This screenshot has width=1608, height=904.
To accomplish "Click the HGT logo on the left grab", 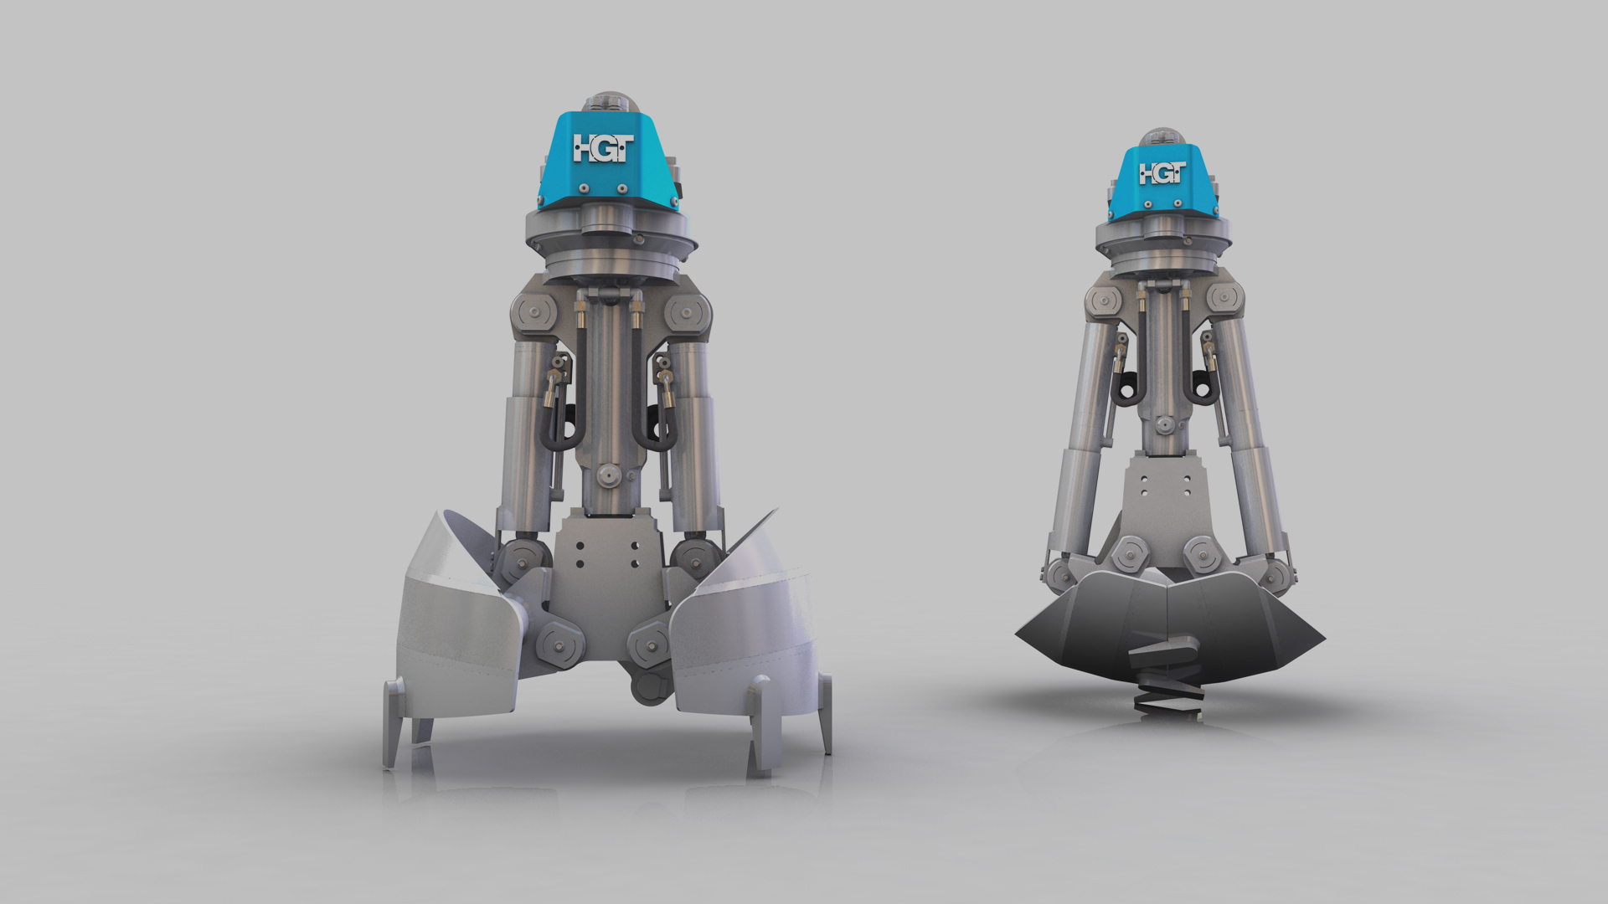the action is tap(603, 148).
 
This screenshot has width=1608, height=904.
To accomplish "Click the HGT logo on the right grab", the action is tap(1162, 173).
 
